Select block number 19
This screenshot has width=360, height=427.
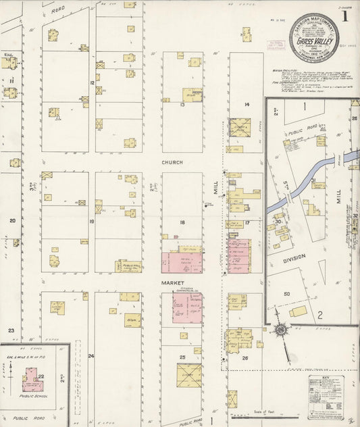click(91, 221)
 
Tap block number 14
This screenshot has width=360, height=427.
click(247, 105)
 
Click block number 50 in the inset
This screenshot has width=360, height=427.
click(286, 294)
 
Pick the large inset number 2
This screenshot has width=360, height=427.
click(320, 314)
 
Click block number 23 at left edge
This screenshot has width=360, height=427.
click(11, 330)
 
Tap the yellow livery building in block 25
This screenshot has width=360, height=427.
click(189, 374)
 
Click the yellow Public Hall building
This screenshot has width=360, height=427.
click(128, 266)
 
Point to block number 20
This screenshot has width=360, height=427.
click(11, 220)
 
